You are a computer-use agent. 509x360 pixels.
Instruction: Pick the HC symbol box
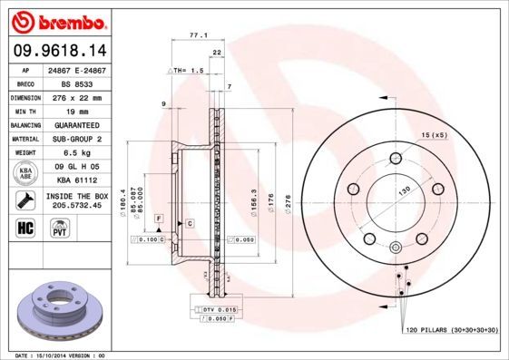(x=25, y=228)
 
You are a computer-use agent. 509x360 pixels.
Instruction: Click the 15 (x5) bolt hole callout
(x=435, y=135)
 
